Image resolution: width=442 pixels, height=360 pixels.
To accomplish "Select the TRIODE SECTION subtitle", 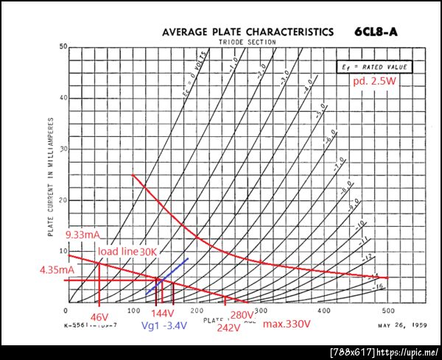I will (247, 42).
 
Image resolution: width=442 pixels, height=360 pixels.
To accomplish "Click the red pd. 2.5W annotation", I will (376, 83).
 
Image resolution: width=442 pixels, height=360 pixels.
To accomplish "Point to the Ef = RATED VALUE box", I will (373, 67).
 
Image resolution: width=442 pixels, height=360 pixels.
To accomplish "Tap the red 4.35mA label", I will (57, 269).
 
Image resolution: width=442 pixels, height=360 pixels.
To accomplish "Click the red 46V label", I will (99, 317).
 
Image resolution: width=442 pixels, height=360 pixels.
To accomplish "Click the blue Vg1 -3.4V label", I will (166, 325).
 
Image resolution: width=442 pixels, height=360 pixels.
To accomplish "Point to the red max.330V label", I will (287, 324).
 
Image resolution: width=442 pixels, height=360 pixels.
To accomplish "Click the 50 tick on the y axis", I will (63, 47).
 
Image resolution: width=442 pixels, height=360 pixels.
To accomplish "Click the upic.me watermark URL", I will (407, 352).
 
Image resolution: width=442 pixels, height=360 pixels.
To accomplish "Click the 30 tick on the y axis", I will (63, 149).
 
